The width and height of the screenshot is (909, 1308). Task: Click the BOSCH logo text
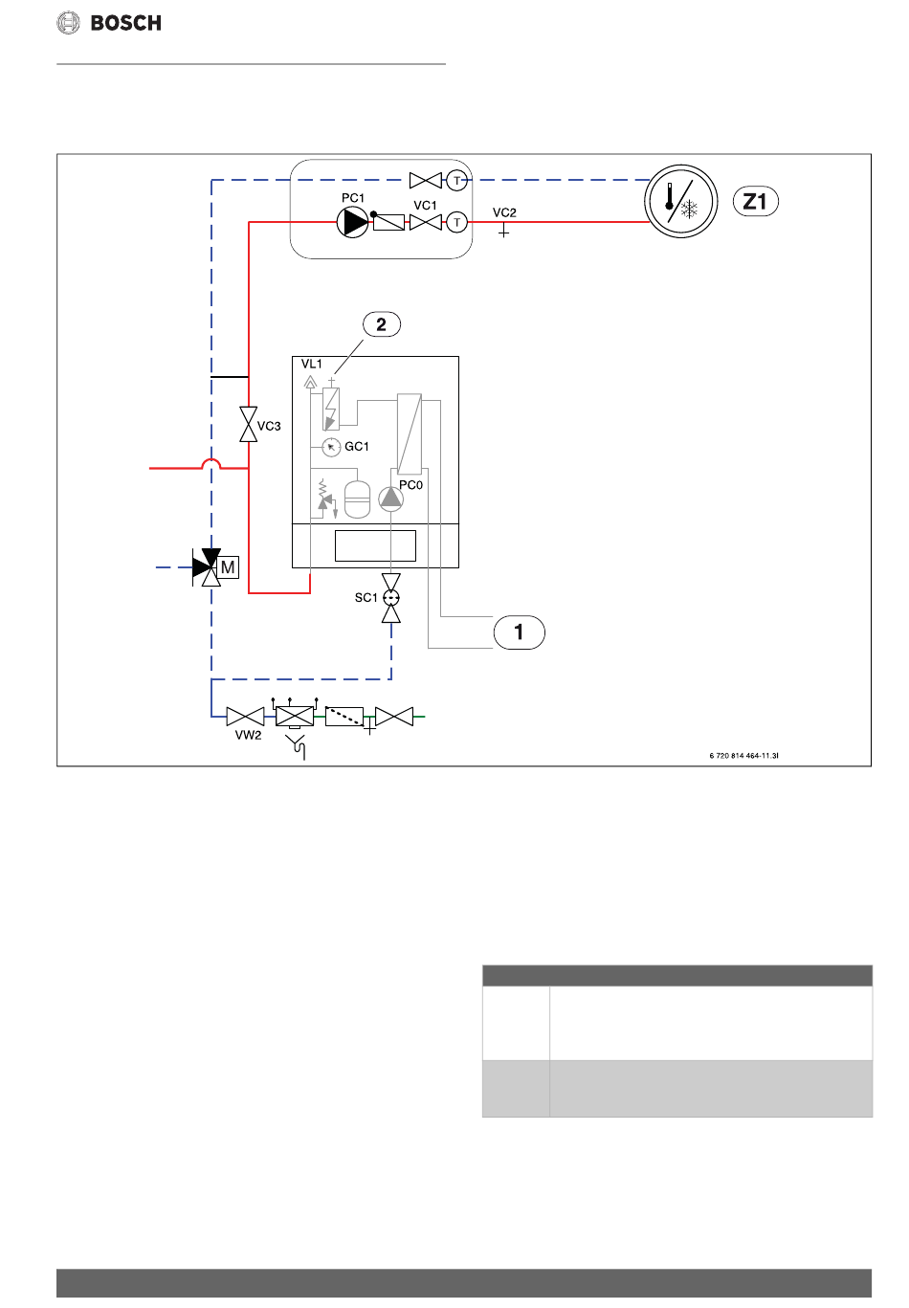click(x=125, y=23)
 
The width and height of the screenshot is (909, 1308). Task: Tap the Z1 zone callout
click(x=755, y=202)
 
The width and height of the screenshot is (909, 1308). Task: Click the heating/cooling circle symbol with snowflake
click(x=680, y=202)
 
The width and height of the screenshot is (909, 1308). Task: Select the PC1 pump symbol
click(x=353, y=222)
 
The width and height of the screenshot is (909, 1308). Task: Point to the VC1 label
click(x=425, y=206)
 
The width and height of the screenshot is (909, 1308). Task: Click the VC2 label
click(x=504, y=212)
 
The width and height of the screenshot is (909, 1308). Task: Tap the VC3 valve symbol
click(x=248, y=425)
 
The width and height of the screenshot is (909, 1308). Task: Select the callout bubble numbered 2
click(x=382, y=324)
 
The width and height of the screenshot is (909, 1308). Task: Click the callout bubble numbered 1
click(x=519, y=632)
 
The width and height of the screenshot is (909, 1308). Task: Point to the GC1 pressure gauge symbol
click(x=331, y=447)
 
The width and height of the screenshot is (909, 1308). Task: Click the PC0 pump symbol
click(x=390, y=499)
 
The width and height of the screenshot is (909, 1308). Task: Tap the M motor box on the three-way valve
click(x=228, y=567)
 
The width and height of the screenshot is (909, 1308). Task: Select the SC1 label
click(x=366, y=597)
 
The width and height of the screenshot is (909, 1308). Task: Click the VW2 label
click(x=248, y=735)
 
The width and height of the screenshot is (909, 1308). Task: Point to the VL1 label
click(x=311, y=364)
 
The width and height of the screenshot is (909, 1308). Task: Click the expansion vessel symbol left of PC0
click(x=357, y=499)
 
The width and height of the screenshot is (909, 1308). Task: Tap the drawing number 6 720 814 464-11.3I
click(x=743, y=756)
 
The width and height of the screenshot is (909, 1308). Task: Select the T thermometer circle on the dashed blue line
click(x=457, y=181)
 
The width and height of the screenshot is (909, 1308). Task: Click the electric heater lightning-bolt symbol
click(x=331, y=409)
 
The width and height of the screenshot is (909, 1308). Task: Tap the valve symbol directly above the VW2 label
click(x=245, y=717)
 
